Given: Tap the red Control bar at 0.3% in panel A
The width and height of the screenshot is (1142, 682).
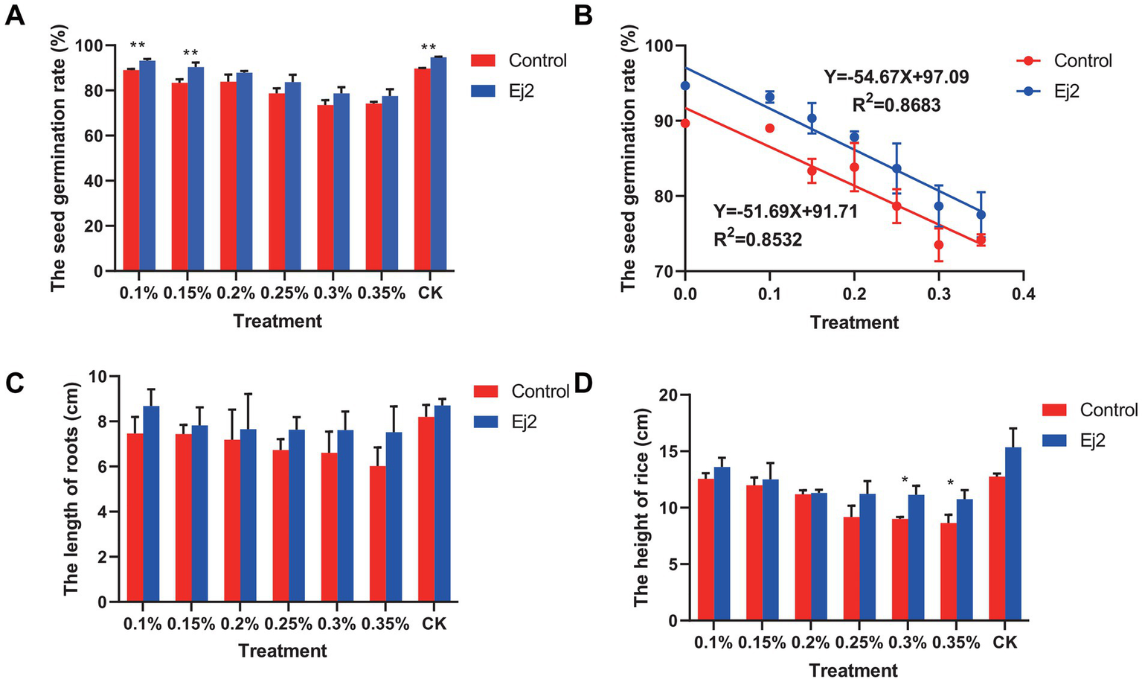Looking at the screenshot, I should click(x=325, y=188).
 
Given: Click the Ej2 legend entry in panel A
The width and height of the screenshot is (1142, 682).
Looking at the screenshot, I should click(x=521, y=92).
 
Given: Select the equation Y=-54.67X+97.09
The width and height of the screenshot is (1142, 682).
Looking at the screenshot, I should click(x=896, y=77).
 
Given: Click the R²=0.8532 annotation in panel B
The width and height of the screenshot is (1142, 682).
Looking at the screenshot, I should click(x=758, y=239).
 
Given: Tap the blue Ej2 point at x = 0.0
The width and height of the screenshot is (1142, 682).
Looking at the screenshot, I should click(x=685, y=86).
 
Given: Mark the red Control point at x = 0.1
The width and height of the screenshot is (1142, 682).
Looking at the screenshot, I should click(x=770, y=128).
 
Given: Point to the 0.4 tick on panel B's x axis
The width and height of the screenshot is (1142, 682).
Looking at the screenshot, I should click(x=1024, y=293).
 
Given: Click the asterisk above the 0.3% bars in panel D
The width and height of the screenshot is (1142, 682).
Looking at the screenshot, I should click(x=905, y=480).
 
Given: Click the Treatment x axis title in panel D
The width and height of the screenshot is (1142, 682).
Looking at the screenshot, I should click(x=853, y=670).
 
